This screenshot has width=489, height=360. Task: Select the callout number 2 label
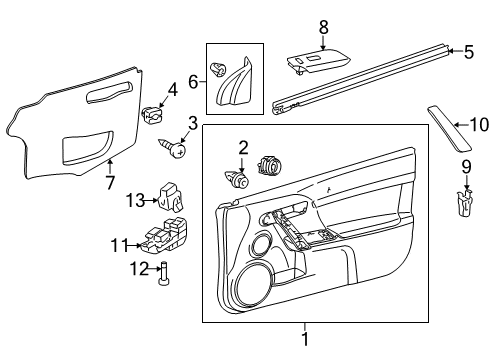243,148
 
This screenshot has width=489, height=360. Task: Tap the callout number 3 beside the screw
191,123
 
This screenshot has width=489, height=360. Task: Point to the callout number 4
172,89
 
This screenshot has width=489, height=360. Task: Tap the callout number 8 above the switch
323,28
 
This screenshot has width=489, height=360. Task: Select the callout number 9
466,166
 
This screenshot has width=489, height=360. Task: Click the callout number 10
479,125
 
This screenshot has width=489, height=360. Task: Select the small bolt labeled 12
164,271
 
